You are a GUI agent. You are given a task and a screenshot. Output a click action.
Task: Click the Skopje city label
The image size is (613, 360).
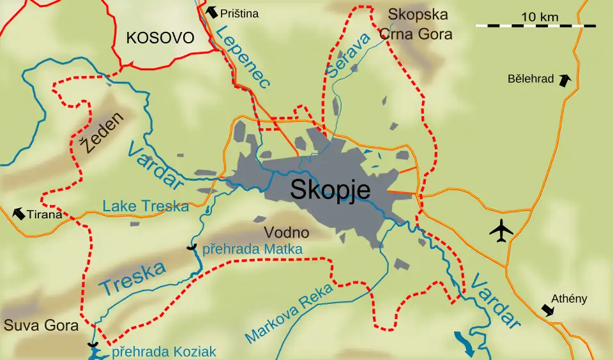click(330, 190)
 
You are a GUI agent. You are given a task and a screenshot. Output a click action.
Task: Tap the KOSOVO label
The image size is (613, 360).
click(160, 38)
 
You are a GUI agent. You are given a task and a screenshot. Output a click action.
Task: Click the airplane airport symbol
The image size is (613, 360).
click(502, 230)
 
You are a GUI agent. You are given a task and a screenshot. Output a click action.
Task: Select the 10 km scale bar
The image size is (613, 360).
click(536, 26)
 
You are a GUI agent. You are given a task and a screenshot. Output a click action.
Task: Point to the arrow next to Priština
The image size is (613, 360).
click(211, 11)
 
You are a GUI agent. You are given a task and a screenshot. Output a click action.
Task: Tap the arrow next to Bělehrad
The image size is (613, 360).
click(564, 80)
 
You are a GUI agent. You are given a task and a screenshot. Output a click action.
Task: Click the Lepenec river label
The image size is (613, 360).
click(242, 57)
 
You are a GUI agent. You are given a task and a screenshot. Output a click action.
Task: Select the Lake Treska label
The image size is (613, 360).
click(146, 206)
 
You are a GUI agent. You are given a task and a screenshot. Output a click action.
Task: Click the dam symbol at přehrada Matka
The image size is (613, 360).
click(190, 248)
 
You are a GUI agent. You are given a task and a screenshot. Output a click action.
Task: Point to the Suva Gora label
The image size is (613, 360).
click(41, 326)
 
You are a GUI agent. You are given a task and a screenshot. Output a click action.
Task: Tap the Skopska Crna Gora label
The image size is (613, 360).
click(418, 24)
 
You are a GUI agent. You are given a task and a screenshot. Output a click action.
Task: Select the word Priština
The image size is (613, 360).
click(239, 13)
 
